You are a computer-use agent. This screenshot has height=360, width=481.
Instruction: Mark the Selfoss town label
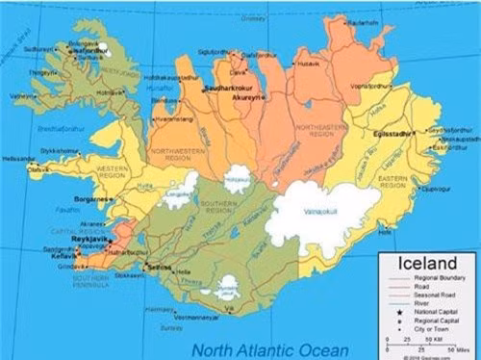pyautogui.click(x=159, y=267)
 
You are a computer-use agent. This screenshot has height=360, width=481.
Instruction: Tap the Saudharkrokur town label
pyautogui.click(x=229, y=88)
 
